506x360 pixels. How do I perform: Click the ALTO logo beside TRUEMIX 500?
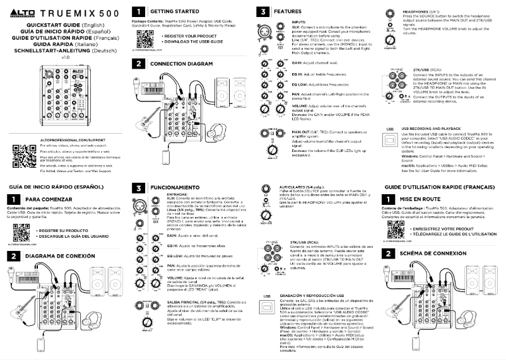22,13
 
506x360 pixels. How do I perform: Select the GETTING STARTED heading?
172,11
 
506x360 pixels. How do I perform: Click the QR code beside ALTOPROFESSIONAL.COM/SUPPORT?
21,154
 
